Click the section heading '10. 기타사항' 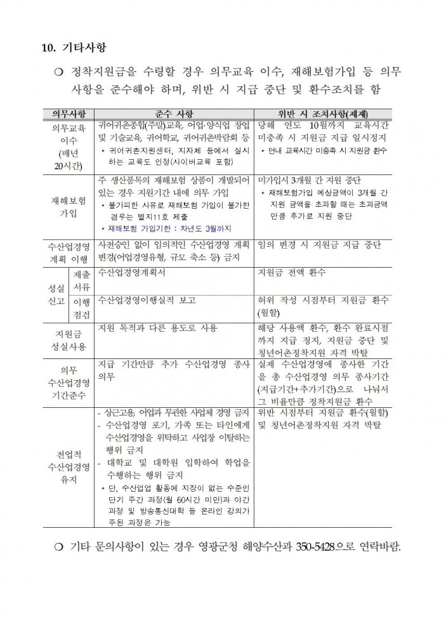pyautogui.click(x=74, y=48)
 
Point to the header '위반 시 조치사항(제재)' pyautogui.click(x=322, y=113)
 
